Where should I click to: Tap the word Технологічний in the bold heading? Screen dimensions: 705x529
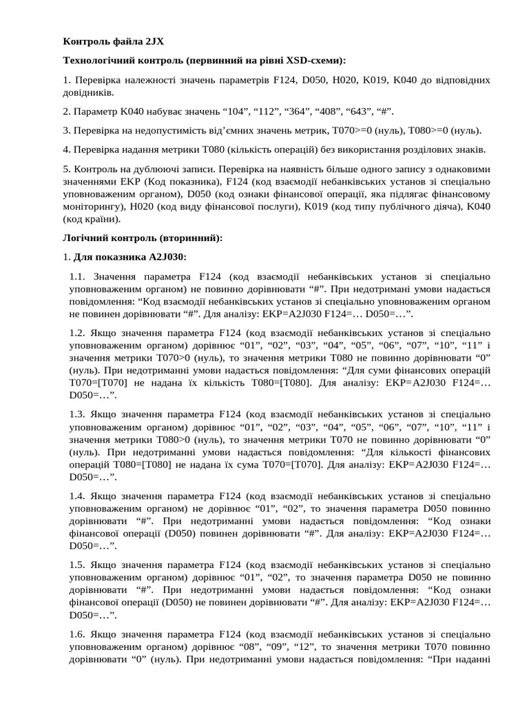pyautogui.click(x=96, y=61)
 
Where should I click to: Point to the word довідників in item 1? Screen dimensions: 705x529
pyautogui.click(x=89, y=92)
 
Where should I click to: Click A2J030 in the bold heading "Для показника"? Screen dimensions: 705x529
pyautogui.click(x=167, y=257)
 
